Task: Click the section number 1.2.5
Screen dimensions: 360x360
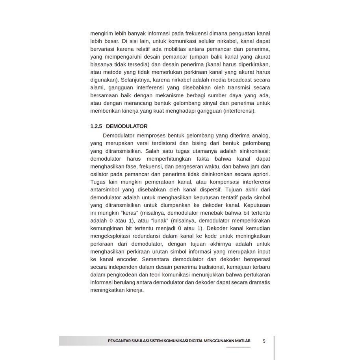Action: tap(96, 126)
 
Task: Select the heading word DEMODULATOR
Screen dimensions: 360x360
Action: tap(126, 126)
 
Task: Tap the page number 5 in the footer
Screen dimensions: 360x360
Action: tap(264, 341)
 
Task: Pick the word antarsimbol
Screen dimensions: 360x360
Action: tap(105, 189)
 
